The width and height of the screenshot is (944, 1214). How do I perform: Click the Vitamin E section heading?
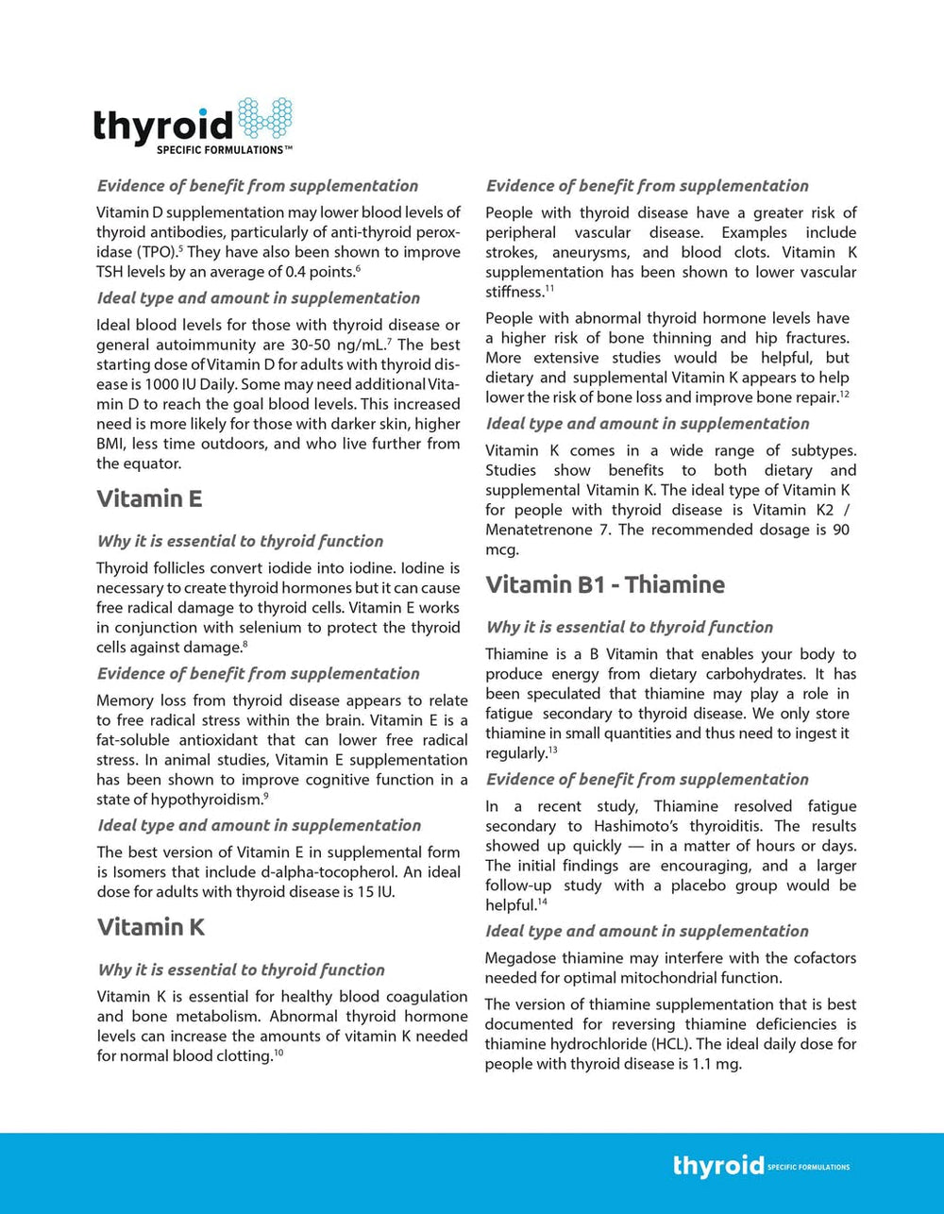(x=149, y=498)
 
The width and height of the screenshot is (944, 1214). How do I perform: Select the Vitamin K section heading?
(x=151, y=927)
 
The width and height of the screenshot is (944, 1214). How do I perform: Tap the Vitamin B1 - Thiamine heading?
(x=605, y=584)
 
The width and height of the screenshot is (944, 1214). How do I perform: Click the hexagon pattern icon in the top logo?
(x=263, y=119)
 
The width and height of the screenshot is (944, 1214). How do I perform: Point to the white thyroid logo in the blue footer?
(x=718, y=1166)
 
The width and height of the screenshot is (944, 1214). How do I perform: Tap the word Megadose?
(x=525, y=958)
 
